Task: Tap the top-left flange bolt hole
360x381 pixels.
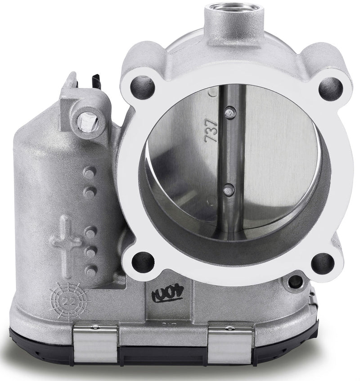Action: click(143, 86)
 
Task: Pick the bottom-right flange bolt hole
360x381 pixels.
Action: click(323, 263)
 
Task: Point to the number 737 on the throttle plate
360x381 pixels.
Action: click(211, 131)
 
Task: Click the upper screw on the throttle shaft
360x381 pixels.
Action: click(230, 111)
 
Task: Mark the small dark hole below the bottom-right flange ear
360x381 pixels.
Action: click(295, 282)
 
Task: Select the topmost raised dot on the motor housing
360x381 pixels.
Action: click(90, 172)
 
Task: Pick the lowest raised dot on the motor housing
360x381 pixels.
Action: click(90, 272)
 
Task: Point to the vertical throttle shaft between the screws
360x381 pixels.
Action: click(231, 151)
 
